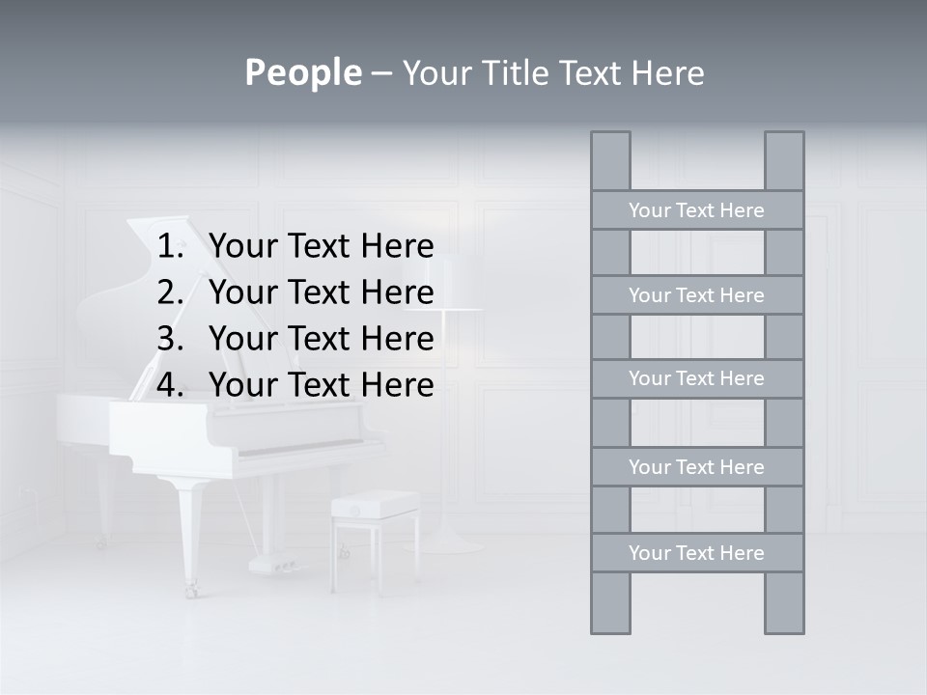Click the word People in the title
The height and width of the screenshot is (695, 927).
(x=302, y=73)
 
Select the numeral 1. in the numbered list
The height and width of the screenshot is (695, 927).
(x=173, y=247)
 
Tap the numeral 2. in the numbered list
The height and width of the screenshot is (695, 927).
(x=173, y=292)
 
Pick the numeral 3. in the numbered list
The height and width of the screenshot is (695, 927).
(x=173, y=339)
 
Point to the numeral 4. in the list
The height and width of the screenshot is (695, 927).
(x=173, y=385)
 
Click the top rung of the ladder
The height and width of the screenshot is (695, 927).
(x=696, y=210)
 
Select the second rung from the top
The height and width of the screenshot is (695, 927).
(x=696, y=295)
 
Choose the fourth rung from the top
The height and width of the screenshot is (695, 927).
(x=696, y=467)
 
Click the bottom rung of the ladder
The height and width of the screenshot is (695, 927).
(x=696, y=553)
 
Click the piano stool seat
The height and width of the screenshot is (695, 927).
(x=375, y=503)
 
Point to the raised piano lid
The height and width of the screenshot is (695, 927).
(x=126, y=319)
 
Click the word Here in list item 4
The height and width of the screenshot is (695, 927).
(x=397, y=385)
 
